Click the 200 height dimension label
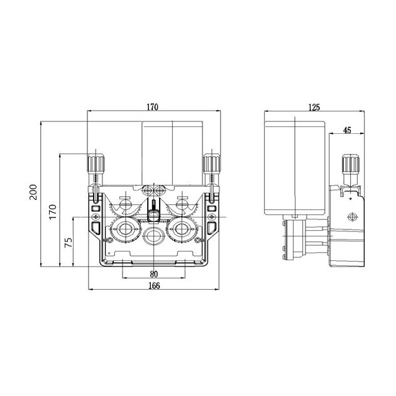click(33, 192)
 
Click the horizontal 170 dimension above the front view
click(153, 107)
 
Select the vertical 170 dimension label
click(53, 212)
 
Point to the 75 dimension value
click(69, 243)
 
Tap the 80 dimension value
click(154, 274)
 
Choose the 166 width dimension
click(154, 285)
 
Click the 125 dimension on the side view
click(314, 107)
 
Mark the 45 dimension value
click(347, 130)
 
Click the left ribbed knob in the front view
click(96, 163)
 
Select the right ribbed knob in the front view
click(212, 163)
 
